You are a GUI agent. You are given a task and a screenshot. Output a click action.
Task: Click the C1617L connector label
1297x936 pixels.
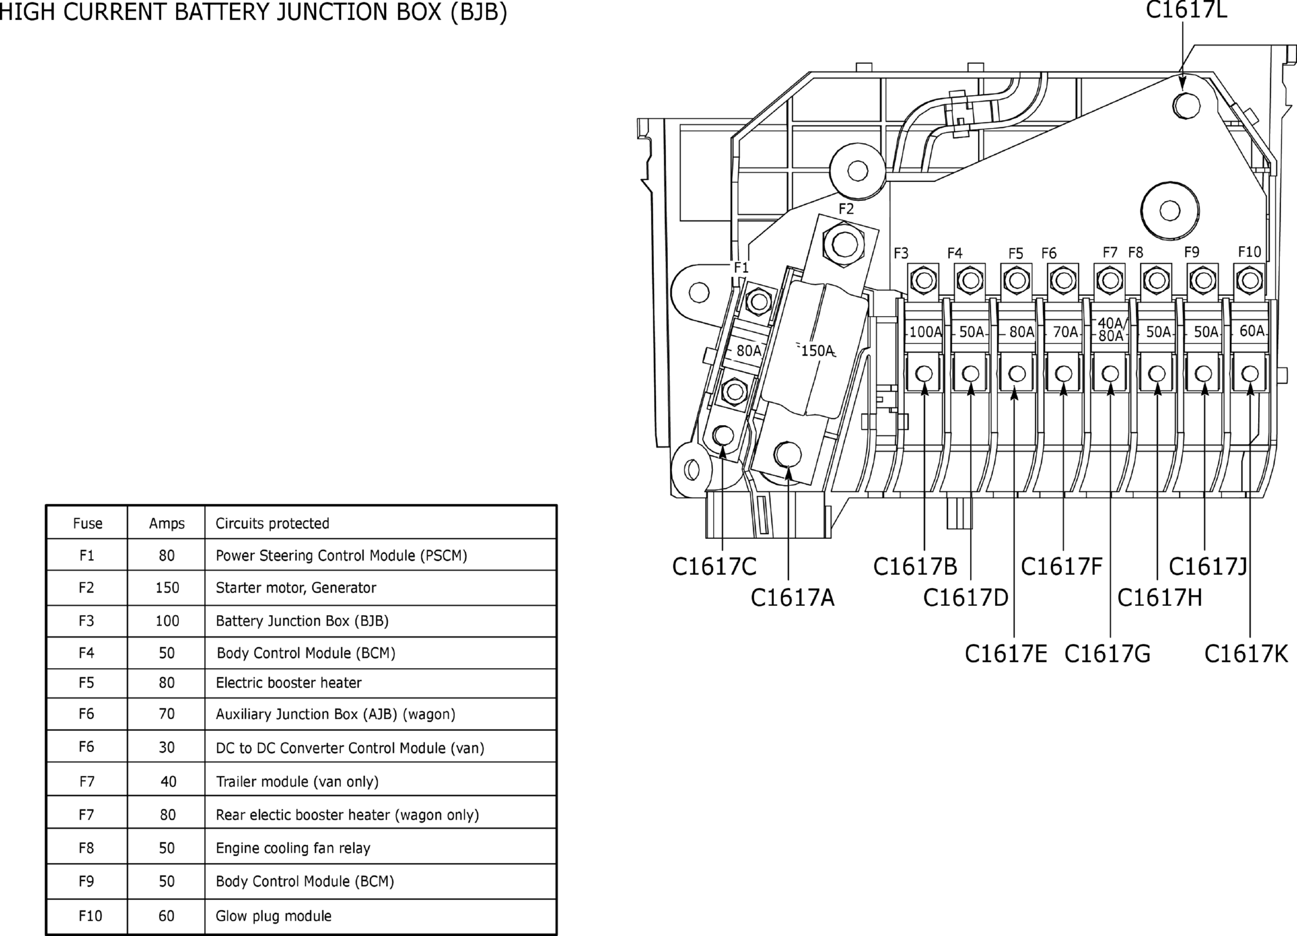tap(1186, 10)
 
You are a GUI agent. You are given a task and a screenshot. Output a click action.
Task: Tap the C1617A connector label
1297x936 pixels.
tap(792, 598)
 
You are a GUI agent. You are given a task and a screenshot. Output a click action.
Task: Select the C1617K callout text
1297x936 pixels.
tap(1246, 654)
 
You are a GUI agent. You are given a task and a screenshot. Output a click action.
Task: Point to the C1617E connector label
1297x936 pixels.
tap(1006, 654)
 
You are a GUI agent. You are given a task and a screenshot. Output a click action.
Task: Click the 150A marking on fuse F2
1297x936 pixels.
tap(817, 351)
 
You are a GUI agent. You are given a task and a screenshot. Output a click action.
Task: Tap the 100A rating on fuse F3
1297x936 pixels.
tap(926, 332)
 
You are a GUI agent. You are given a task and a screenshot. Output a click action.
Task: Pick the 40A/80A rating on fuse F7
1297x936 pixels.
tap(1111, 329)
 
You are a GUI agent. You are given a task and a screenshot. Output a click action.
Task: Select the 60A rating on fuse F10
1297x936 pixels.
tap(1252, 331)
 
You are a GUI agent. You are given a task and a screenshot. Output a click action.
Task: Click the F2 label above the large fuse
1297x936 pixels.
tap(846, 209)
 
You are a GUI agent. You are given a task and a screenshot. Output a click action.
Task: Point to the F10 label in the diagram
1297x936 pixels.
tap(1250, 252)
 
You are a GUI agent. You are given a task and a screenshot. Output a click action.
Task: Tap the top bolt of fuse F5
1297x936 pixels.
tap(1016, 281)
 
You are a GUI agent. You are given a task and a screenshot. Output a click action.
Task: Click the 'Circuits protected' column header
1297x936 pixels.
tap(272, 523)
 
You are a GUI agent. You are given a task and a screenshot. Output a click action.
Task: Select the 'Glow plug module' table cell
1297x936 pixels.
tap(273, 916)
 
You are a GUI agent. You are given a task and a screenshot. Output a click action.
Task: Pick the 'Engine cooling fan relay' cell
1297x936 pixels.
tap(293, 848)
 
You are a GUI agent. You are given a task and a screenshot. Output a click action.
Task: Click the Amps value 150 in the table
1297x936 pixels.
tap(167, 588)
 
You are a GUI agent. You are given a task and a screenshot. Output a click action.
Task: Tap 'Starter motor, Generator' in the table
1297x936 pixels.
tap(296, 588)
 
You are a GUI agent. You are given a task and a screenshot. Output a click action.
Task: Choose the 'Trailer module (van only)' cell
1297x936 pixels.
tap(297, 781)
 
